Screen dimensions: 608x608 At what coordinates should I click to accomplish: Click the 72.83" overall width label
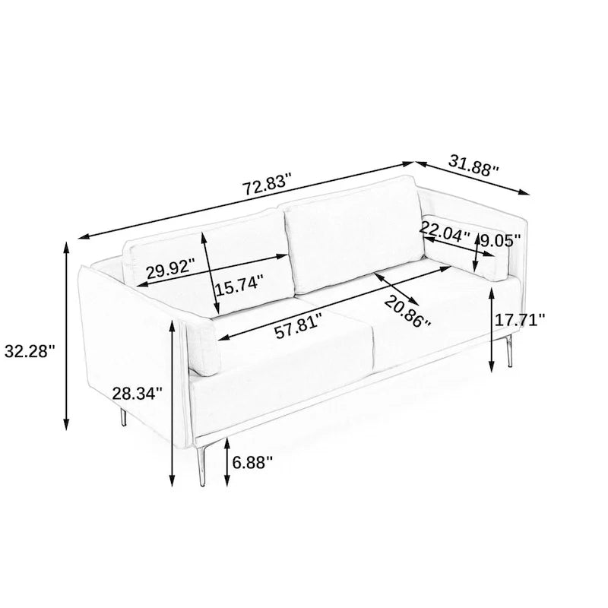pos(267,185)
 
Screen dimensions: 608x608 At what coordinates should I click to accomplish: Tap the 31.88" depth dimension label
pos(473,166)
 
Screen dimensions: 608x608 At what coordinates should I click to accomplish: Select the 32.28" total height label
pos(30,351)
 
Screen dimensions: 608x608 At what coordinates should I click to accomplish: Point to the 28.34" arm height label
pos(138,394)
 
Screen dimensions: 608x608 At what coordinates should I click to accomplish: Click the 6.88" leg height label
pos(253,462)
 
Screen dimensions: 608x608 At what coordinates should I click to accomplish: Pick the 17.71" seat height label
pos(520,320)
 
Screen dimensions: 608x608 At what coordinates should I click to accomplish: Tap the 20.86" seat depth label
pos(407,312)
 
